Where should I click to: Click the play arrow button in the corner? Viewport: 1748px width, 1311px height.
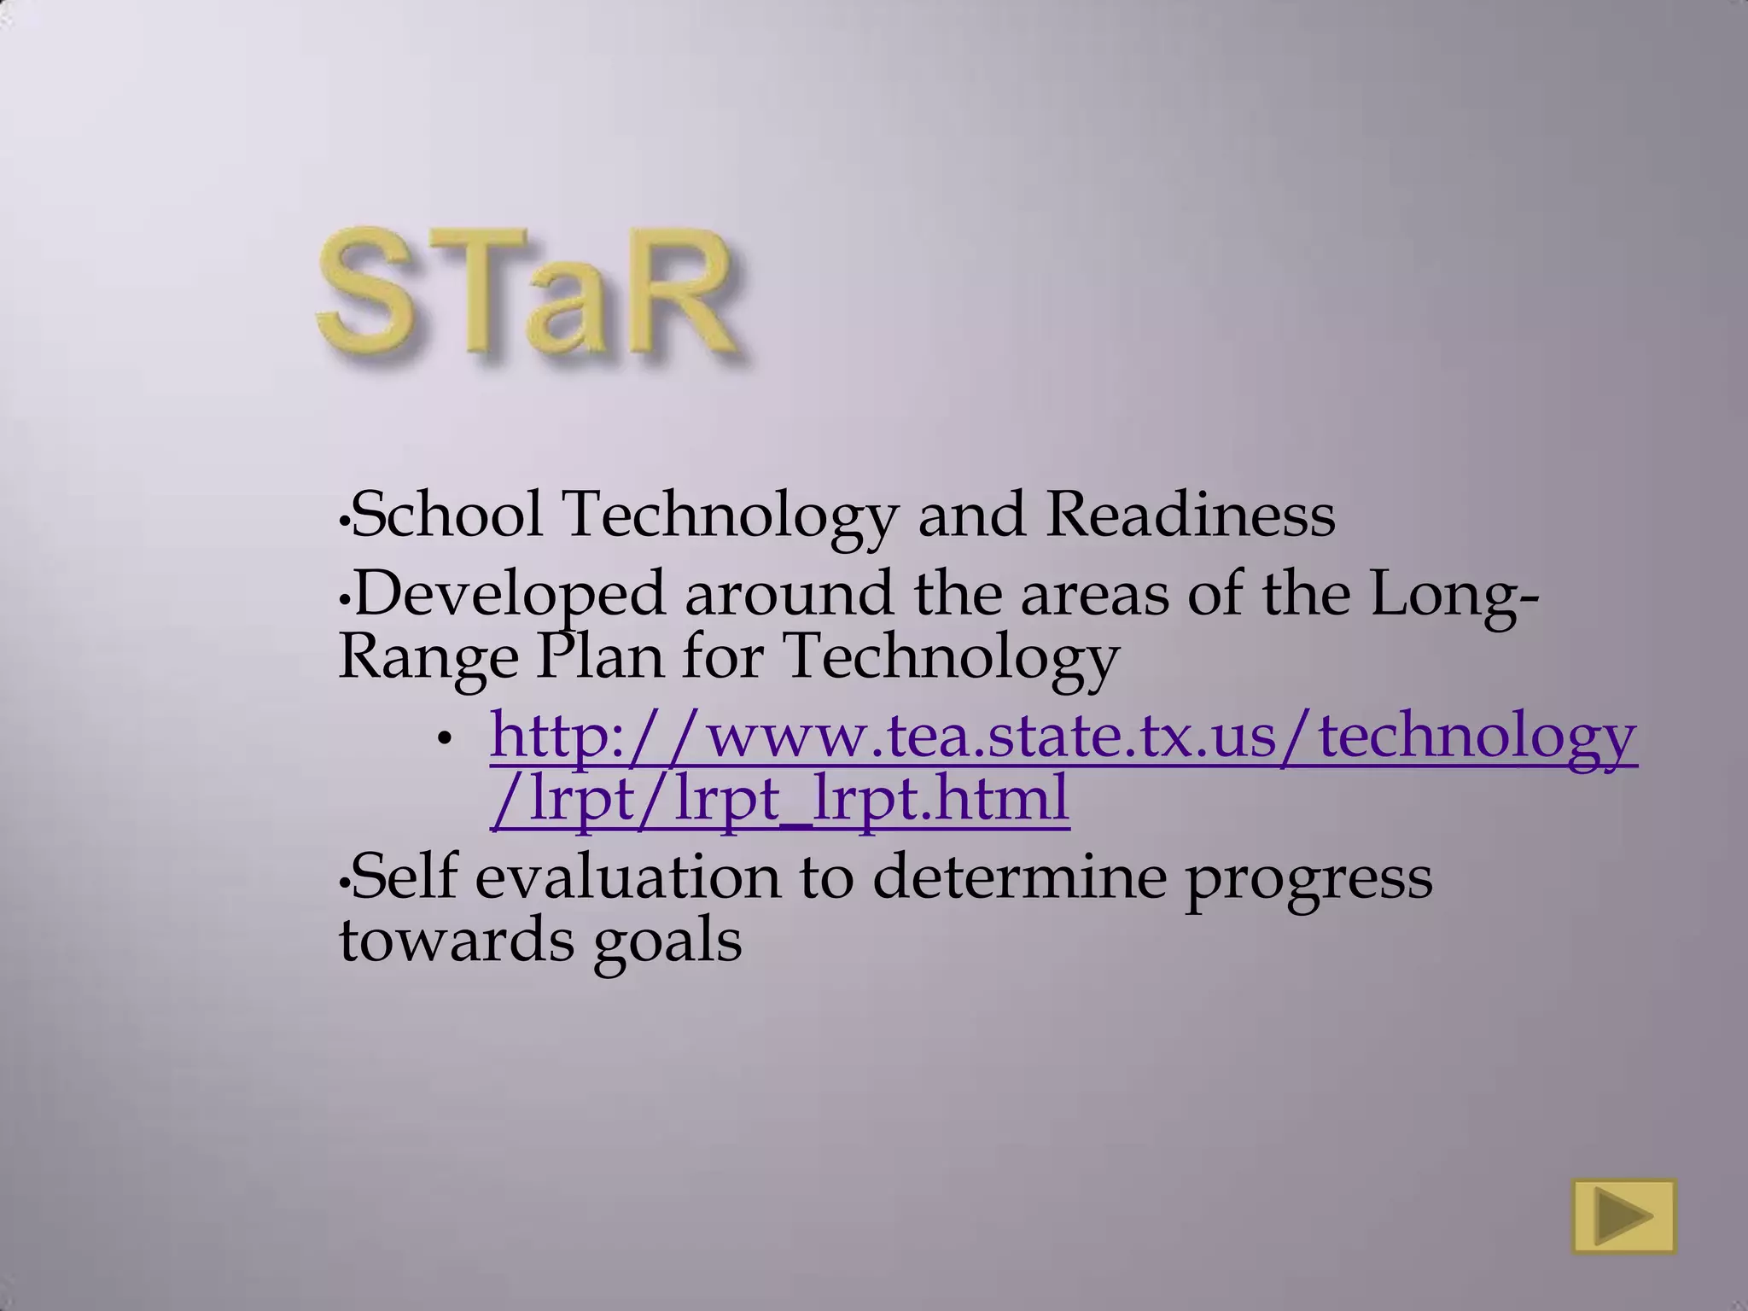coord(1624,1216)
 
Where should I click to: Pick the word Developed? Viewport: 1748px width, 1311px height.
coord(509,594)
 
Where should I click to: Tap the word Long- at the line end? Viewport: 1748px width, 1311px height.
coord(1454,594)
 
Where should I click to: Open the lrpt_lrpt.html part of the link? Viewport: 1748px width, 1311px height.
coord(871,799)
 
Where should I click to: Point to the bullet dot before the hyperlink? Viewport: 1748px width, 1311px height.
coord(443,740)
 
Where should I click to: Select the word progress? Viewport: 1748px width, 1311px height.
coord(1308,879)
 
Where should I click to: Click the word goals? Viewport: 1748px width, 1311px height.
coord(667,942)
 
